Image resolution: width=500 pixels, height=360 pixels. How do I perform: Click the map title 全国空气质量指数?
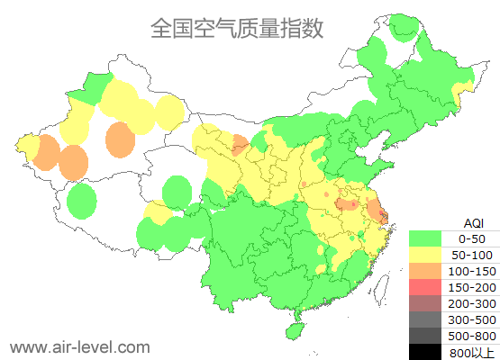tap(236, 28)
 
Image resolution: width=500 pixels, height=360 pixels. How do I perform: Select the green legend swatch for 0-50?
tap(429, 238)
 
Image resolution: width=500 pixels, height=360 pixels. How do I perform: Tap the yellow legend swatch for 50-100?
tap(429, 255)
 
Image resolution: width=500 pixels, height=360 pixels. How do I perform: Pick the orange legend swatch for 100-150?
tap(429, 271)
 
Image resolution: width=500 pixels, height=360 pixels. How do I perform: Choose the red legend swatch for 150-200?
tap(429, 287)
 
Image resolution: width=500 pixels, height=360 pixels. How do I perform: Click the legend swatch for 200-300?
tap(429, 303)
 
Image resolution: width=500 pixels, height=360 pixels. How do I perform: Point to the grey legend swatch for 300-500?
tap(429, 319)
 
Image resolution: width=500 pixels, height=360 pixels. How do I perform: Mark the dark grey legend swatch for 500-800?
tap(429, 336)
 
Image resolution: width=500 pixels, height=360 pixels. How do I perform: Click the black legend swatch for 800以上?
tap(429, 352)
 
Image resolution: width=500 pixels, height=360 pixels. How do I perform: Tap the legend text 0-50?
tap(472, 238)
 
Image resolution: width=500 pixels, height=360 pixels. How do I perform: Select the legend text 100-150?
tap(472, 271)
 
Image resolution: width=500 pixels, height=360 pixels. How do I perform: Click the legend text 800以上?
tap(472, 352)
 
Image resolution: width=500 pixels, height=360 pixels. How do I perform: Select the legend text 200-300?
tap(472, 303)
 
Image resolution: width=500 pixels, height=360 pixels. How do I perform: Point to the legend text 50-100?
tap(472, 255)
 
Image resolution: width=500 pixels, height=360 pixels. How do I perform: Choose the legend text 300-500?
tap(472, 319)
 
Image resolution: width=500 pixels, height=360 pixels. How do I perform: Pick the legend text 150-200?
tap(472, 287)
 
